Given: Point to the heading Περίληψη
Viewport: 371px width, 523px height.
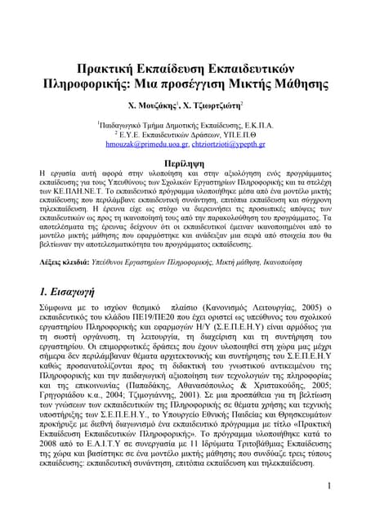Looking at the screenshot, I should tap(185, 162).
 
